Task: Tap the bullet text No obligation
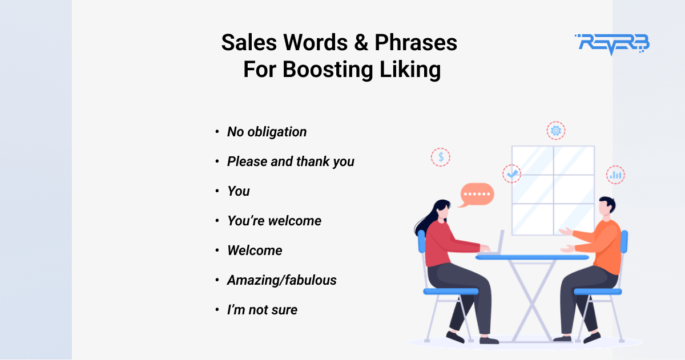click(x=267, y=132)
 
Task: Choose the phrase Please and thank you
click(x=291, y=161)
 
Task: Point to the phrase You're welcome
click(x=274, y=221)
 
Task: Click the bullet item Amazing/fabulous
click(x=281, y=280)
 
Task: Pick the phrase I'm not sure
click(x=262, y=310)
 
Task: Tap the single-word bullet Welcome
click(x=255, y=250)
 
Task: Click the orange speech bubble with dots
click(x=477, y=194)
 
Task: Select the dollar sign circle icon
click(x=441, y=157)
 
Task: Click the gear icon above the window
click(x=556, y=131)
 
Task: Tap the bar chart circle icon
click(x=615, y=175)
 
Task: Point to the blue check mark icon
click(x=512, y=173)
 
